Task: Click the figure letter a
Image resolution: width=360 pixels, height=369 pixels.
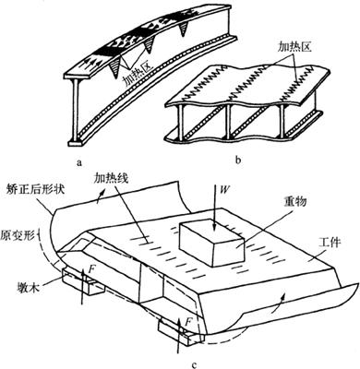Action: click(x=79, y=162)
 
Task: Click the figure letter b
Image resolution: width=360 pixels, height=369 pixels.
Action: click(x=238, y=160)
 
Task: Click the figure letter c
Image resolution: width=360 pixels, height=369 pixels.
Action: click(x=194, y=364)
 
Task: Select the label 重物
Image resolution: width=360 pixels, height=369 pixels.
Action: click(x=295, y=202)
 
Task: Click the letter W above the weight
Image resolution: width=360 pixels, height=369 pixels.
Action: click(x=224, y=188)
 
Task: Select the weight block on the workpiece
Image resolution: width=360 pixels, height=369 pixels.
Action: click(x=211, y=244)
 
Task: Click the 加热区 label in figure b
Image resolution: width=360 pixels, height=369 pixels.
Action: click(x=295, y=47)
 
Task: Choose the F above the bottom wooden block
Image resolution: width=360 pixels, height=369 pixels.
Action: click(x=189, y=322)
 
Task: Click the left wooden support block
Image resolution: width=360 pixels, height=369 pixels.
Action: click(x=83, y=280)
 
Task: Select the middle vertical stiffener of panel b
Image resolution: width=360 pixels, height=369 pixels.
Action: click(x=228, y=121)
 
